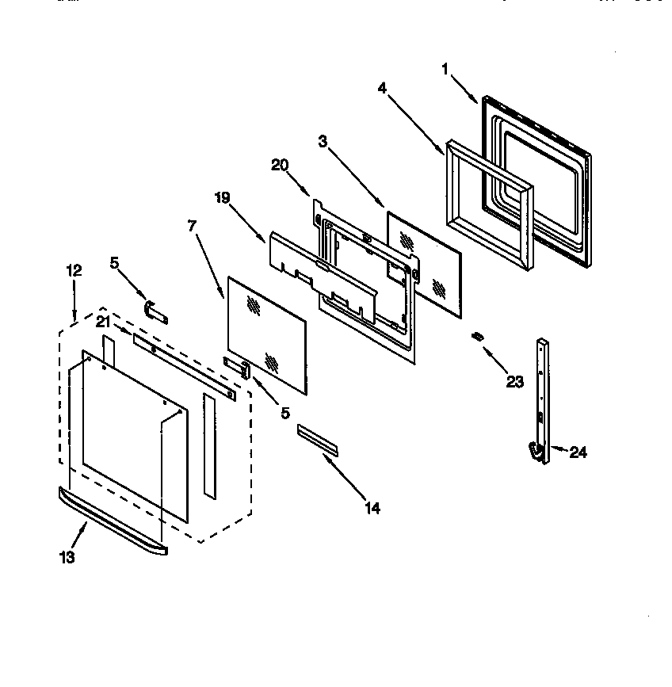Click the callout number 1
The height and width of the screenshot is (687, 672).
(x=445, y=69)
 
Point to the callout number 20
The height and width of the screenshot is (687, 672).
(x=279, y=165)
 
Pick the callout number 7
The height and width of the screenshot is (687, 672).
(x=191, y=225)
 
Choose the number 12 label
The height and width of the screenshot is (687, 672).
(x=73, y=270)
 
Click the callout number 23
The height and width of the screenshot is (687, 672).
(x=514, y=382)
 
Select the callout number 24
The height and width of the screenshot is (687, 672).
(x=578, y=452)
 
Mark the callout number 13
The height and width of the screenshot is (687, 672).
(x=67, y=558)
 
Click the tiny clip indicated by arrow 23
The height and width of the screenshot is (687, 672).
(x=477, y=337)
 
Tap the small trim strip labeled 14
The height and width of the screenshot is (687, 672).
(x=318, y=439)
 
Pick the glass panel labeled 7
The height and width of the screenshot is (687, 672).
(x=266, y=333)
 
